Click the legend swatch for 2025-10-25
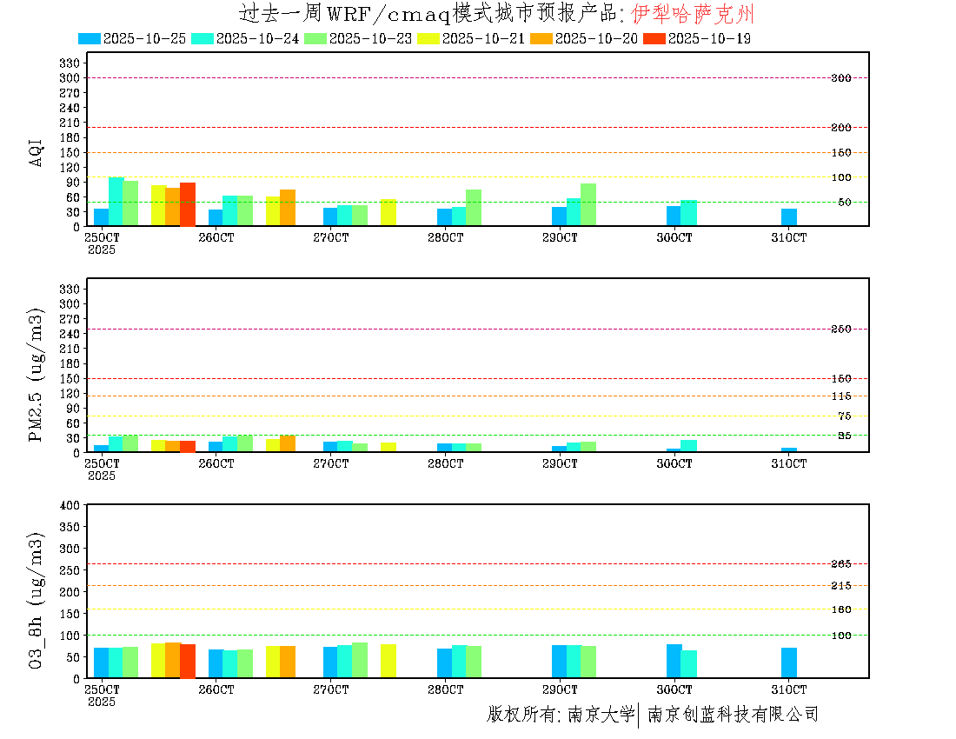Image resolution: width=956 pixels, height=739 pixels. [90, 38]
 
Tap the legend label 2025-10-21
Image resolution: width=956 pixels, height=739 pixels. [483, 38]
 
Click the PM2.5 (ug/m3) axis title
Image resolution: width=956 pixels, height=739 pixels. [37, 375]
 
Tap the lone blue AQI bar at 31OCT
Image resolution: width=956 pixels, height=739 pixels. [788, 217]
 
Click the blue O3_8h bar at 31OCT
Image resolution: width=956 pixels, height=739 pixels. [788, 662]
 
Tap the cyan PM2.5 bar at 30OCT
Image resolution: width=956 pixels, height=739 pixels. [688, 446]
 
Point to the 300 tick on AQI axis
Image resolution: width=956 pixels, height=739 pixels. [70, 77]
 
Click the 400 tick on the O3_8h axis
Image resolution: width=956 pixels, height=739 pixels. [70, 505]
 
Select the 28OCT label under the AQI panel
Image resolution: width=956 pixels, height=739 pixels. [445, 237]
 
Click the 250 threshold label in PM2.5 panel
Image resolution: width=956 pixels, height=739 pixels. [840, 329]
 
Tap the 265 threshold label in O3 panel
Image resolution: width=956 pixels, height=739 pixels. [840, 564]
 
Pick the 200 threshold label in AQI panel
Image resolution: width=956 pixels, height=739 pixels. [840, 128]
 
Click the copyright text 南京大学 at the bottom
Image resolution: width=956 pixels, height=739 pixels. [601, 715]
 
